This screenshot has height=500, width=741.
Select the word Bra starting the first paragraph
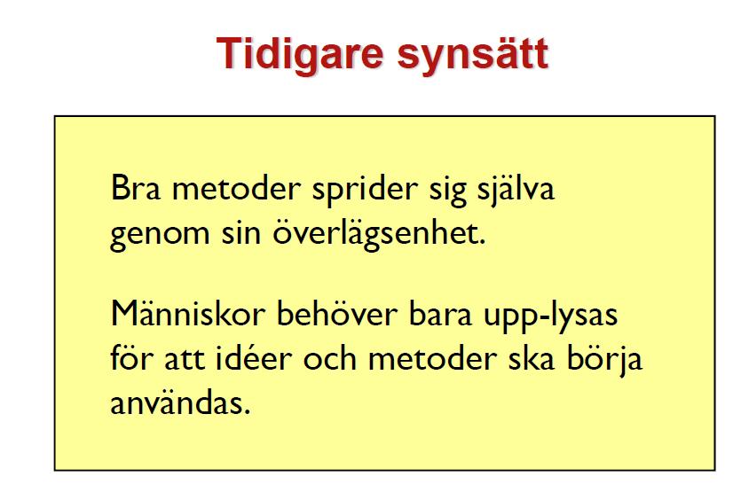pyautogui.click(x=136, y=188)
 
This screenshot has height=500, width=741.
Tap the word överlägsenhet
pyautogui.click(x=379, y=233)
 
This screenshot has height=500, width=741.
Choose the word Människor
pyautogui.click(x=187, y=313)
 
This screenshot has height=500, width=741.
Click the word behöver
pyautogui.click(x=337, y=313)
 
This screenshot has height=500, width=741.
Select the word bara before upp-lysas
pyautogui.click(x=440, y=313)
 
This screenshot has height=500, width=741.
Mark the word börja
pyautogui.click(x=604, y=360)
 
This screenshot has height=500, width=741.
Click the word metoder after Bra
pyautogui.click(x=236, y=188)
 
